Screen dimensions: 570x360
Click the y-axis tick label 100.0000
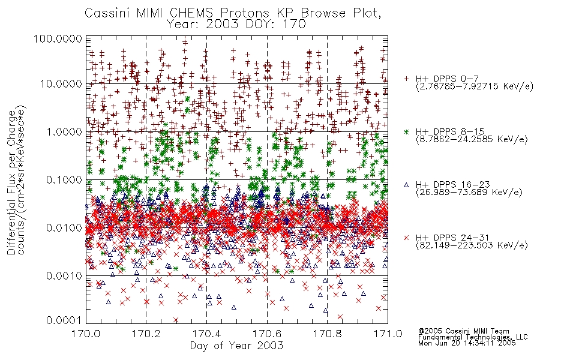[58, 38]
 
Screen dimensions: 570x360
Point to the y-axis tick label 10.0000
[61, 84]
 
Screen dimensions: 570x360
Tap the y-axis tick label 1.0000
[64, 131]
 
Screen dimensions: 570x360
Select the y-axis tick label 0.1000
[64, 179]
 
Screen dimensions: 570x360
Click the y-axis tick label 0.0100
[64, 227]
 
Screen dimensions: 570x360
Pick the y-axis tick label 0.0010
[64, 275]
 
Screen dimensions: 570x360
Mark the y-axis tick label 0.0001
[64, 320]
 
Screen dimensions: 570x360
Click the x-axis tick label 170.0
[86, 334]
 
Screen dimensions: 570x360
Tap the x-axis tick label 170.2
[146, 334]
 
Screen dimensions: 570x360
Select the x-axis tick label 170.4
[206, 334]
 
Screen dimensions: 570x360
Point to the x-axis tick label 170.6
[267, 334]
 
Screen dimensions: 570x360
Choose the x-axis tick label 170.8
[327, 334]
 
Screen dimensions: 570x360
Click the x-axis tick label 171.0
[388, 334]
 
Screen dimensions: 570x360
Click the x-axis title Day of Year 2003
[236, 346]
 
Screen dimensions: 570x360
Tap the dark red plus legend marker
[407, 78]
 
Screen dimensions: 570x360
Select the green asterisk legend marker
[407, 131]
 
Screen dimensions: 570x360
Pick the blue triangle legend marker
[407, 185]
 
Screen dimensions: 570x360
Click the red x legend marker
[407, 238]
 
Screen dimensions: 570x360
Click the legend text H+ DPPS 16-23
[453, 184]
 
